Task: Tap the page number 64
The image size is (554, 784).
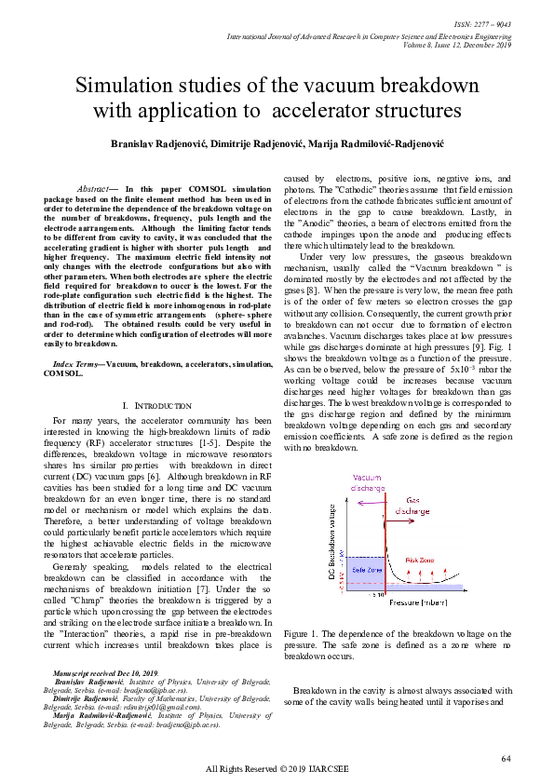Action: pos(507,759)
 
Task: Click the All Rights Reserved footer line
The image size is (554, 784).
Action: pos(277,769)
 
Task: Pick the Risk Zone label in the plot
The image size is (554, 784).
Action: pos(420,560)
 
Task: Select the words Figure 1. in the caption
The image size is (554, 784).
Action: pos(301,633)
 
